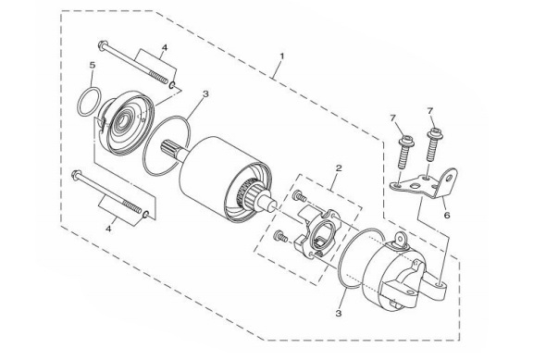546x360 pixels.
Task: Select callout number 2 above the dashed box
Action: pos(340,168)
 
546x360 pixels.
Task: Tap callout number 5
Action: pos(93,66)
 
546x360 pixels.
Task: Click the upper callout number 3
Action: pos(205,93)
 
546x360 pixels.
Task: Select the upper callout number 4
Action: pos(164,46)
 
